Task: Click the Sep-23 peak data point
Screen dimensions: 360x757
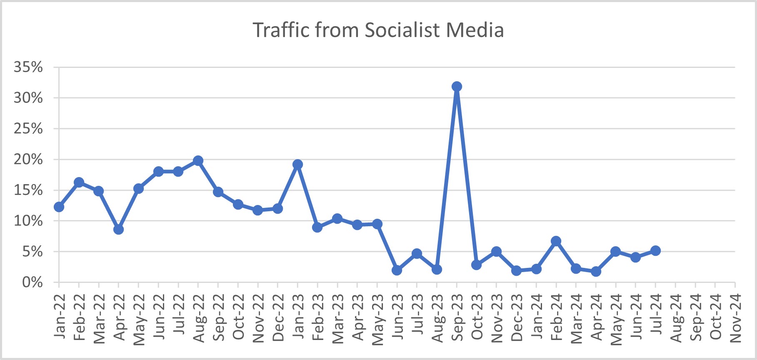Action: [x=457, y=87]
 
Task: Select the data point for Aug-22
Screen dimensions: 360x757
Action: [x=198, y=161]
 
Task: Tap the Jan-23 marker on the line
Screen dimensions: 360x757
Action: [x=297, y=165]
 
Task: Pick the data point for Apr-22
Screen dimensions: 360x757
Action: [x=118, y=230]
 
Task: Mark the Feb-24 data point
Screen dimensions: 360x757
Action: [x=556, y=241]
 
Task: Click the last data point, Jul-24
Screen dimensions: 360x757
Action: [x=655, y=251]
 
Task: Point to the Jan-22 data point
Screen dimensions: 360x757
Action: [x=59, y=207]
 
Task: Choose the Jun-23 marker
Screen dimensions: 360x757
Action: [x=397, y=270]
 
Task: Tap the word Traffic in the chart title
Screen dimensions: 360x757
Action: [x=280, y=30]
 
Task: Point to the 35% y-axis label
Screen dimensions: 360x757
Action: [x=28, y=67]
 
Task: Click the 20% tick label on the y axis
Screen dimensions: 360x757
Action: [x=28, y=160]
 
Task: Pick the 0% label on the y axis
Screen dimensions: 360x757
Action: [x=32, y=282]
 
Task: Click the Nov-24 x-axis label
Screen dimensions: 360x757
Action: [x=736, y=317]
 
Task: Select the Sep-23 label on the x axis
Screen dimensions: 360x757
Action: [x=457, y=317]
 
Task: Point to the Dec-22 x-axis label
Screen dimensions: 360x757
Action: [x=278, y=317]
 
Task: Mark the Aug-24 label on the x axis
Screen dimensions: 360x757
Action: [x=676, y=317]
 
